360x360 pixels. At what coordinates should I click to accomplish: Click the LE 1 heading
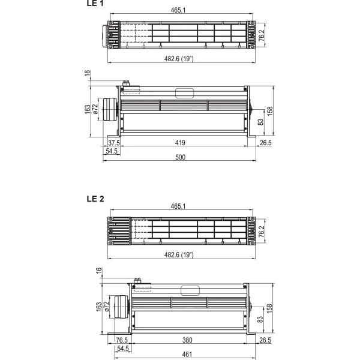95,3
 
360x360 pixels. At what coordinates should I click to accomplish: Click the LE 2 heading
95,199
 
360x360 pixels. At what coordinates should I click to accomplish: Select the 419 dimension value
180,143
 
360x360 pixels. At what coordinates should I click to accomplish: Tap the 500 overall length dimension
180,157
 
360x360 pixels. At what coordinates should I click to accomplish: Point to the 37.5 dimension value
114,143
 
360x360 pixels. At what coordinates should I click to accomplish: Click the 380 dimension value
187,340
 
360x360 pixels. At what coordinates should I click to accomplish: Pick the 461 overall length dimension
187,355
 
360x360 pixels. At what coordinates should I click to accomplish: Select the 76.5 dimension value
122,340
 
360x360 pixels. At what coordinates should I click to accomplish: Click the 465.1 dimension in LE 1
178,10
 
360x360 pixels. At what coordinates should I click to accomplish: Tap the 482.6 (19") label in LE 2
179,255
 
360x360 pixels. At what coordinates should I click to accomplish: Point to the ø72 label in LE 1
95,109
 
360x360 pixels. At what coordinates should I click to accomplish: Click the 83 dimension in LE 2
260,319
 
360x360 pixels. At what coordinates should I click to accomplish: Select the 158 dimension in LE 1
270,111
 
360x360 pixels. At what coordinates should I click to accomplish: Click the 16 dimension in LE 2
99,271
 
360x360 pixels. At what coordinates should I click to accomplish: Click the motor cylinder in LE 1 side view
110,109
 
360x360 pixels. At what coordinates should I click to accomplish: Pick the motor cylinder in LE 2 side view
121,307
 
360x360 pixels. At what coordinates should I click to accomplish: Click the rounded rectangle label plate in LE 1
184,93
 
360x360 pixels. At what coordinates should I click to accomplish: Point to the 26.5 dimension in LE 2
265,340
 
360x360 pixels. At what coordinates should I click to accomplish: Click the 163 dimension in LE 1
88,109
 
